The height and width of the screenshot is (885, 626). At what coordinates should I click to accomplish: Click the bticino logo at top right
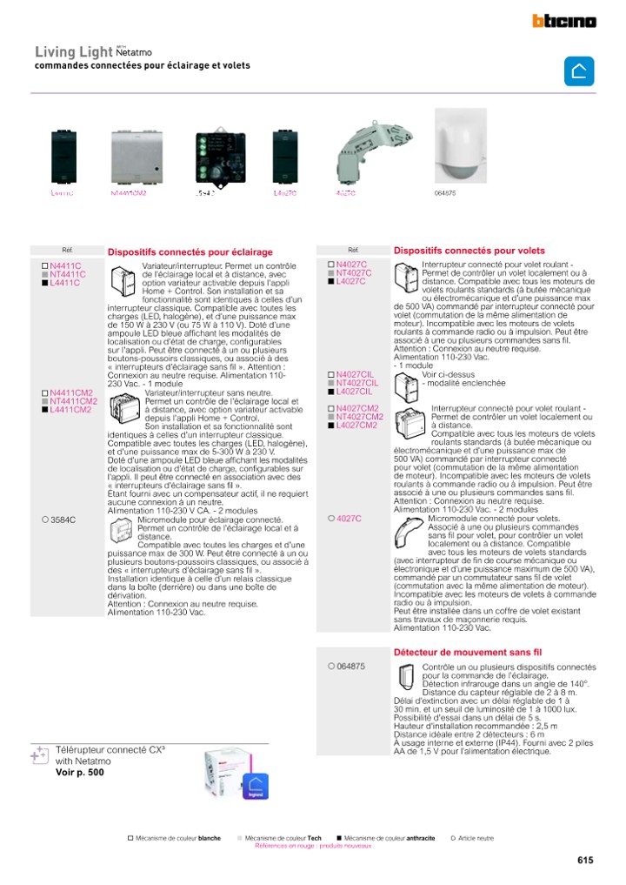point(564,21)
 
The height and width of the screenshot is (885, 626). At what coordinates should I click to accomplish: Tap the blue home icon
point(579,71)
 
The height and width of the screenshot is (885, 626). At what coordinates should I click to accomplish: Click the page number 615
point(585,860)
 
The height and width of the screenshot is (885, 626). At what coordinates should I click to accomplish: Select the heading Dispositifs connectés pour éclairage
point(190,252)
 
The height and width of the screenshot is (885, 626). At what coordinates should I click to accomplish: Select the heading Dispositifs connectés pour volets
point(469,251)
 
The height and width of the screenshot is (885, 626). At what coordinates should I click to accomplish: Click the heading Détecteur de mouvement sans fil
point(468,651)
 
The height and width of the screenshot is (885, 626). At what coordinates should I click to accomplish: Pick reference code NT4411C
point(68,274)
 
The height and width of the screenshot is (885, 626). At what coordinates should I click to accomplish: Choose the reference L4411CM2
point(70,409)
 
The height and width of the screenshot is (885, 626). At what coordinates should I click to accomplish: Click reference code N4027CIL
point(356,374)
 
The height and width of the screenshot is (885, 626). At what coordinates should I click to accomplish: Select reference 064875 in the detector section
point(350,667)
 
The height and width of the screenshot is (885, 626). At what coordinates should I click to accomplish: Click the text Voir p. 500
point(79,772)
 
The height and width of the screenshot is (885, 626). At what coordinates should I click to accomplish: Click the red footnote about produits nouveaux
point(313,845)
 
